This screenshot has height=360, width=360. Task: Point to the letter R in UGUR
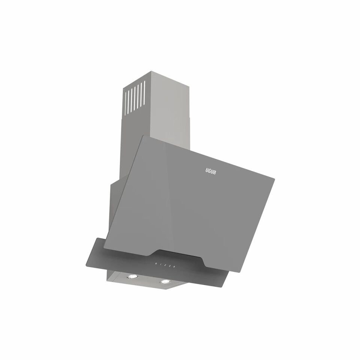click(214, 171)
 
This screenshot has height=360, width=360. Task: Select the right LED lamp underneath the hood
click(164, 281)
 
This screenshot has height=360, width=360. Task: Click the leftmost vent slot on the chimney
click(126, 102)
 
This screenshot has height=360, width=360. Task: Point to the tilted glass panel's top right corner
click(274, 178)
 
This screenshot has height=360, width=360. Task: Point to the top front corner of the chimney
click(151, 71)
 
